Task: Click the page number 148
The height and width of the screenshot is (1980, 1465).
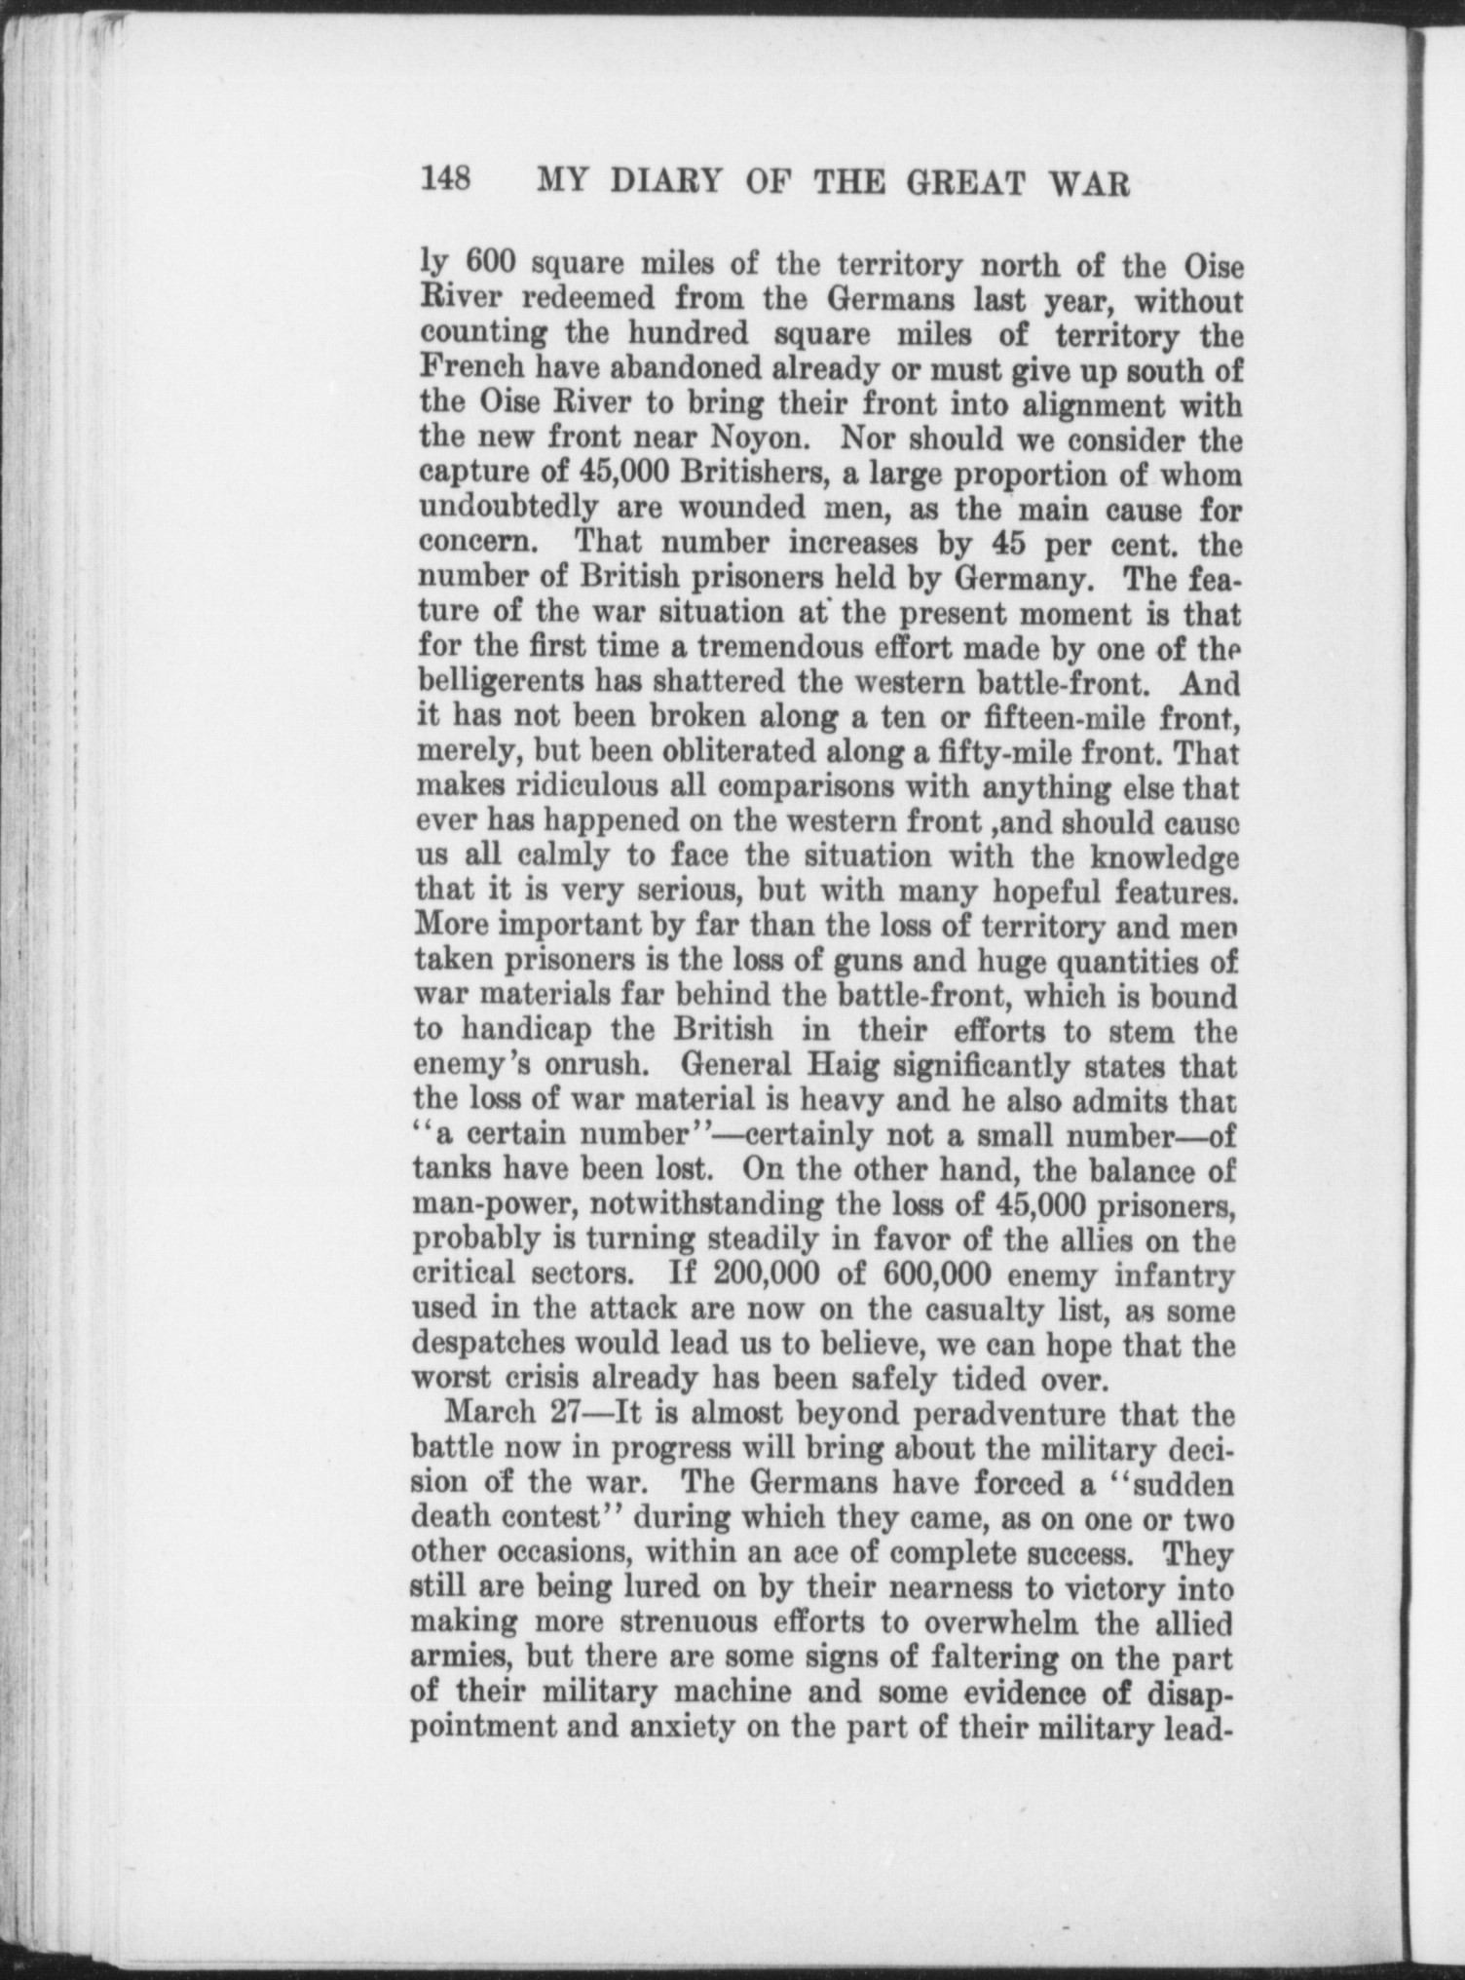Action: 446,180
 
